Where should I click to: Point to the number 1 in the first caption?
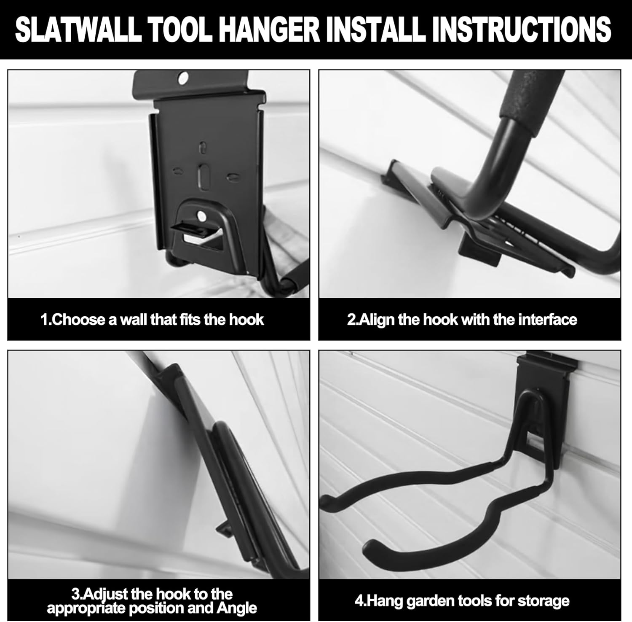click(43, 320)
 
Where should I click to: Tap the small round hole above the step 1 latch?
click(202, 216)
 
